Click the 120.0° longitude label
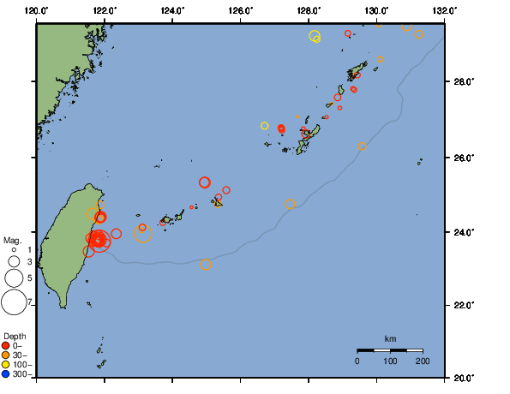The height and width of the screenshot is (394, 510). pyautogui.click(x=37, y=9)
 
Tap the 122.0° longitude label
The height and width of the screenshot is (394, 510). pyautogui.click(x=105, y=9)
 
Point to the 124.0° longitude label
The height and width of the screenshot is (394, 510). pyautogui.click(x=172, y=9)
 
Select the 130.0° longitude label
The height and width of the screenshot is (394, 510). pyautogui.click(x=376, y=9)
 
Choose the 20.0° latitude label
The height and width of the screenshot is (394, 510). pyautogui.click(x=464, y=378)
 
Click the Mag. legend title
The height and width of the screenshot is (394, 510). pyautogui.click(x=12, y=240)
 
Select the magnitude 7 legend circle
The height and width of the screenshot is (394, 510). pyautogui.click(x=14, y=301)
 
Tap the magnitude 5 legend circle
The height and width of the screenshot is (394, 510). pyautogui.click(x=14, y=278)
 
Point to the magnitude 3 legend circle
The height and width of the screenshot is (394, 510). pyautogui.click(x=14, y=261)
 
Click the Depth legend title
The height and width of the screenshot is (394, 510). pyautogui.click(x=15, y=336)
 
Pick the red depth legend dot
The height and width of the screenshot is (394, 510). pyautogui.click(x=6, y=345)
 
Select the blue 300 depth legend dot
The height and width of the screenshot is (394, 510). pyautogui.click(x=6, y=373)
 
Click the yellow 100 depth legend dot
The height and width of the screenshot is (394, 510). pyautogui.click(x=6, y=364)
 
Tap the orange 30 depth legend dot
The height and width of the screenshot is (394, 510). pyautogui.click(x=6, y=355)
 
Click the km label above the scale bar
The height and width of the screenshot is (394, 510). pyautogui.click(x=390, y=339)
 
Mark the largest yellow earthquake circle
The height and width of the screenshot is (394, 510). pyautogui.click(x=315, y=36)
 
